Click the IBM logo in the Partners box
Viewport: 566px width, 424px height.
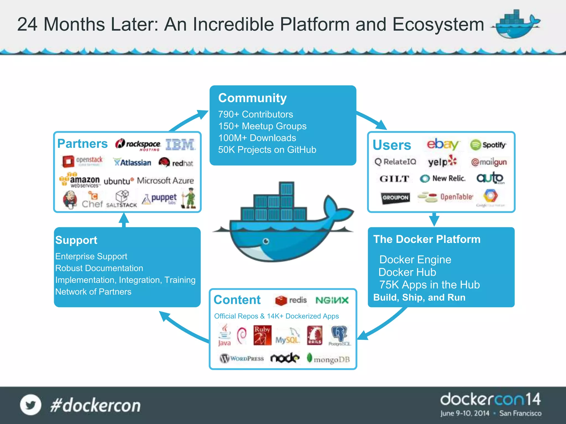tap(180, 144)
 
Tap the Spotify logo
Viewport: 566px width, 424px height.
tap(488, 145)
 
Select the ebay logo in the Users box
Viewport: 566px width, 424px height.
tap(442, 144)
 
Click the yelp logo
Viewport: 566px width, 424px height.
tap(442, 161)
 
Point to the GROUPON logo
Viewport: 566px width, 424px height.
tap(395, 198)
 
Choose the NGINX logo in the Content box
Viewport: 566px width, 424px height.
tap(332, 300)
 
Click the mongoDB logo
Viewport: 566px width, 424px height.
tap(328, 359)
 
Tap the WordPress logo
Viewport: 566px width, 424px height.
tap(242, 359)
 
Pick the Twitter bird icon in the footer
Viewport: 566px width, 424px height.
tap(30, 405)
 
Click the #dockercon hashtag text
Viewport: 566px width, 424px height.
tap(95, 406)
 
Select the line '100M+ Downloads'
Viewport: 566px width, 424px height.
tap(257, 138)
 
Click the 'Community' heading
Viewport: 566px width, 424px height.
tap(252, 98)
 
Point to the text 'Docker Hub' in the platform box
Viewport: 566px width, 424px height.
tap(407, 272)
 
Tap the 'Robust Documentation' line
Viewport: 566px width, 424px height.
tap(99, 268)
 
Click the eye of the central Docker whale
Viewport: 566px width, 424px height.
tap(266, 241)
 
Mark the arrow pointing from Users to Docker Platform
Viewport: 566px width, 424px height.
tap(434, 219)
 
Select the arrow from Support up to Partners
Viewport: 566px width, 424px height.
tap(124, 220)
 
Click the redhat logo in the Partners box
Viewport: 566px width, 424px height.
tap(176, 163)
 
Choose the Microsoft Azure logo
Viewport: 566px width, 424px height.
tap(165, 181)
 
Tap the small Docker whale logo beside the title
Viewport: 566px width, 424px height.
tap(515, 24)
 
